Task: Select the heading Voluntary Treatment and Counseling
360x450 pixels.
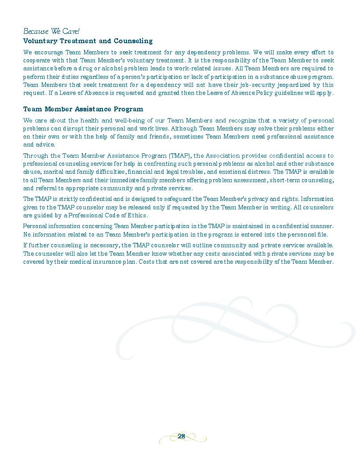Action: coord(88,41)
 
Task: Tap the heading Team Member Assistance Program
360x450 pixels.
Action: coord(83,109)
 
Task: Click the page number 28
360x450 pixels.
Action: coord(181,436)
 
